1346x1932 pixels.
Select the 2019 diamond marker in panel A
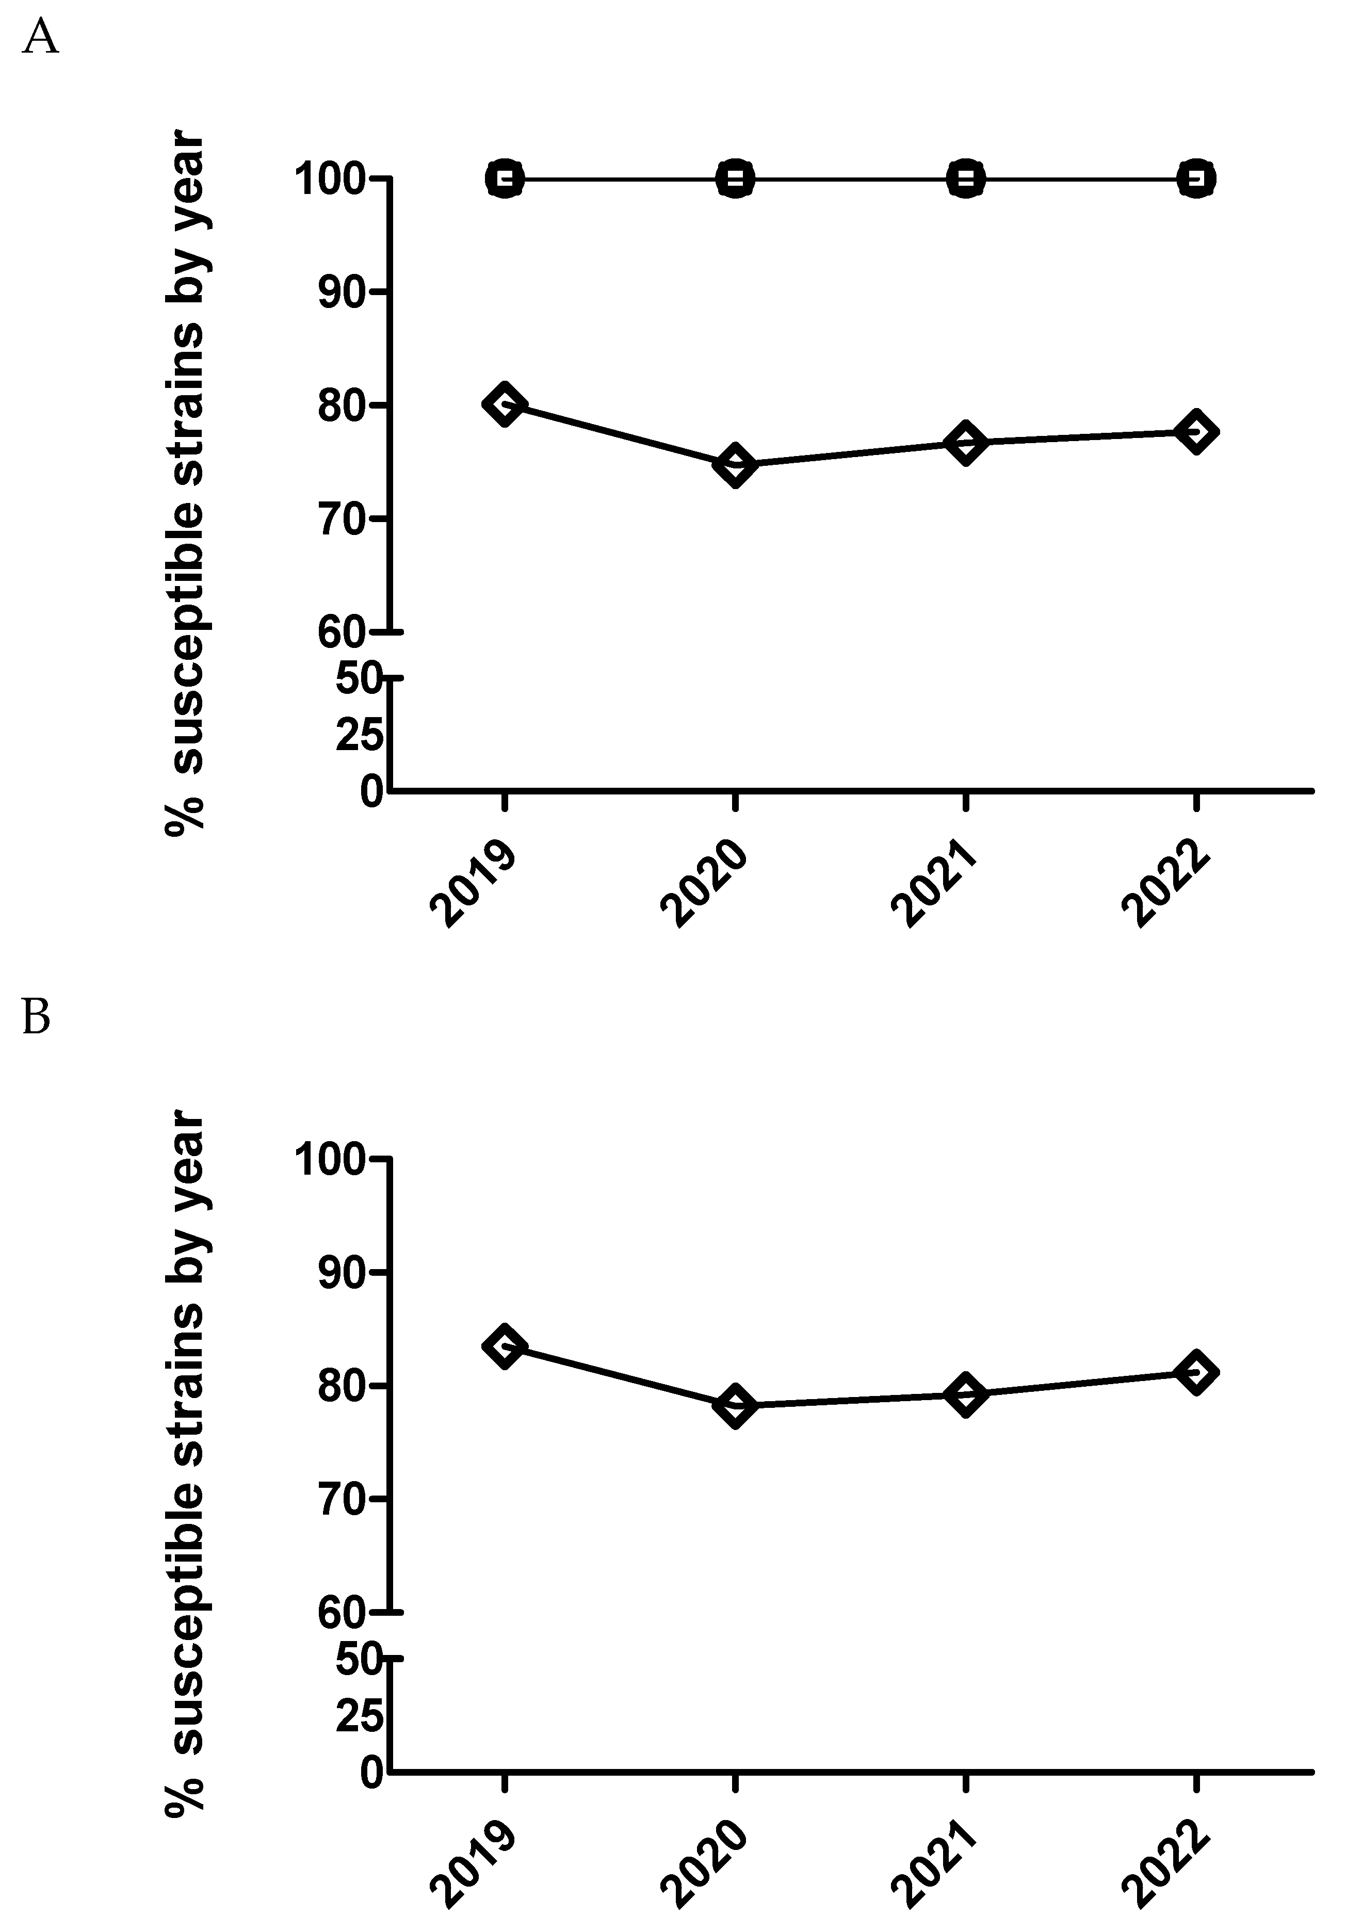(x=504, y=405)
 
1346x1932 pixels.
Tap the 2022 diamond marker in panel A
(x=1196, y=432)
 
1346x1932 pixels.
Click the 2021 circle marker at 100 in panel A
(x=966, y=178)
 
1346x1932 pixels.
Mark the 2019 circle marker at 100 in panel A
(x=504, y=178)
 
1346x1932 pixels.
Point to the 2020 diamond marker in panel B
(x=735, y=1406)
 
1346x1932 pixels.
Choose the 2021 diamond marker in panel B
(x=966, y=1395)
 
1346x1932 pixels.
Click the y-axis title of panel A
(x=185, y=484)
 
